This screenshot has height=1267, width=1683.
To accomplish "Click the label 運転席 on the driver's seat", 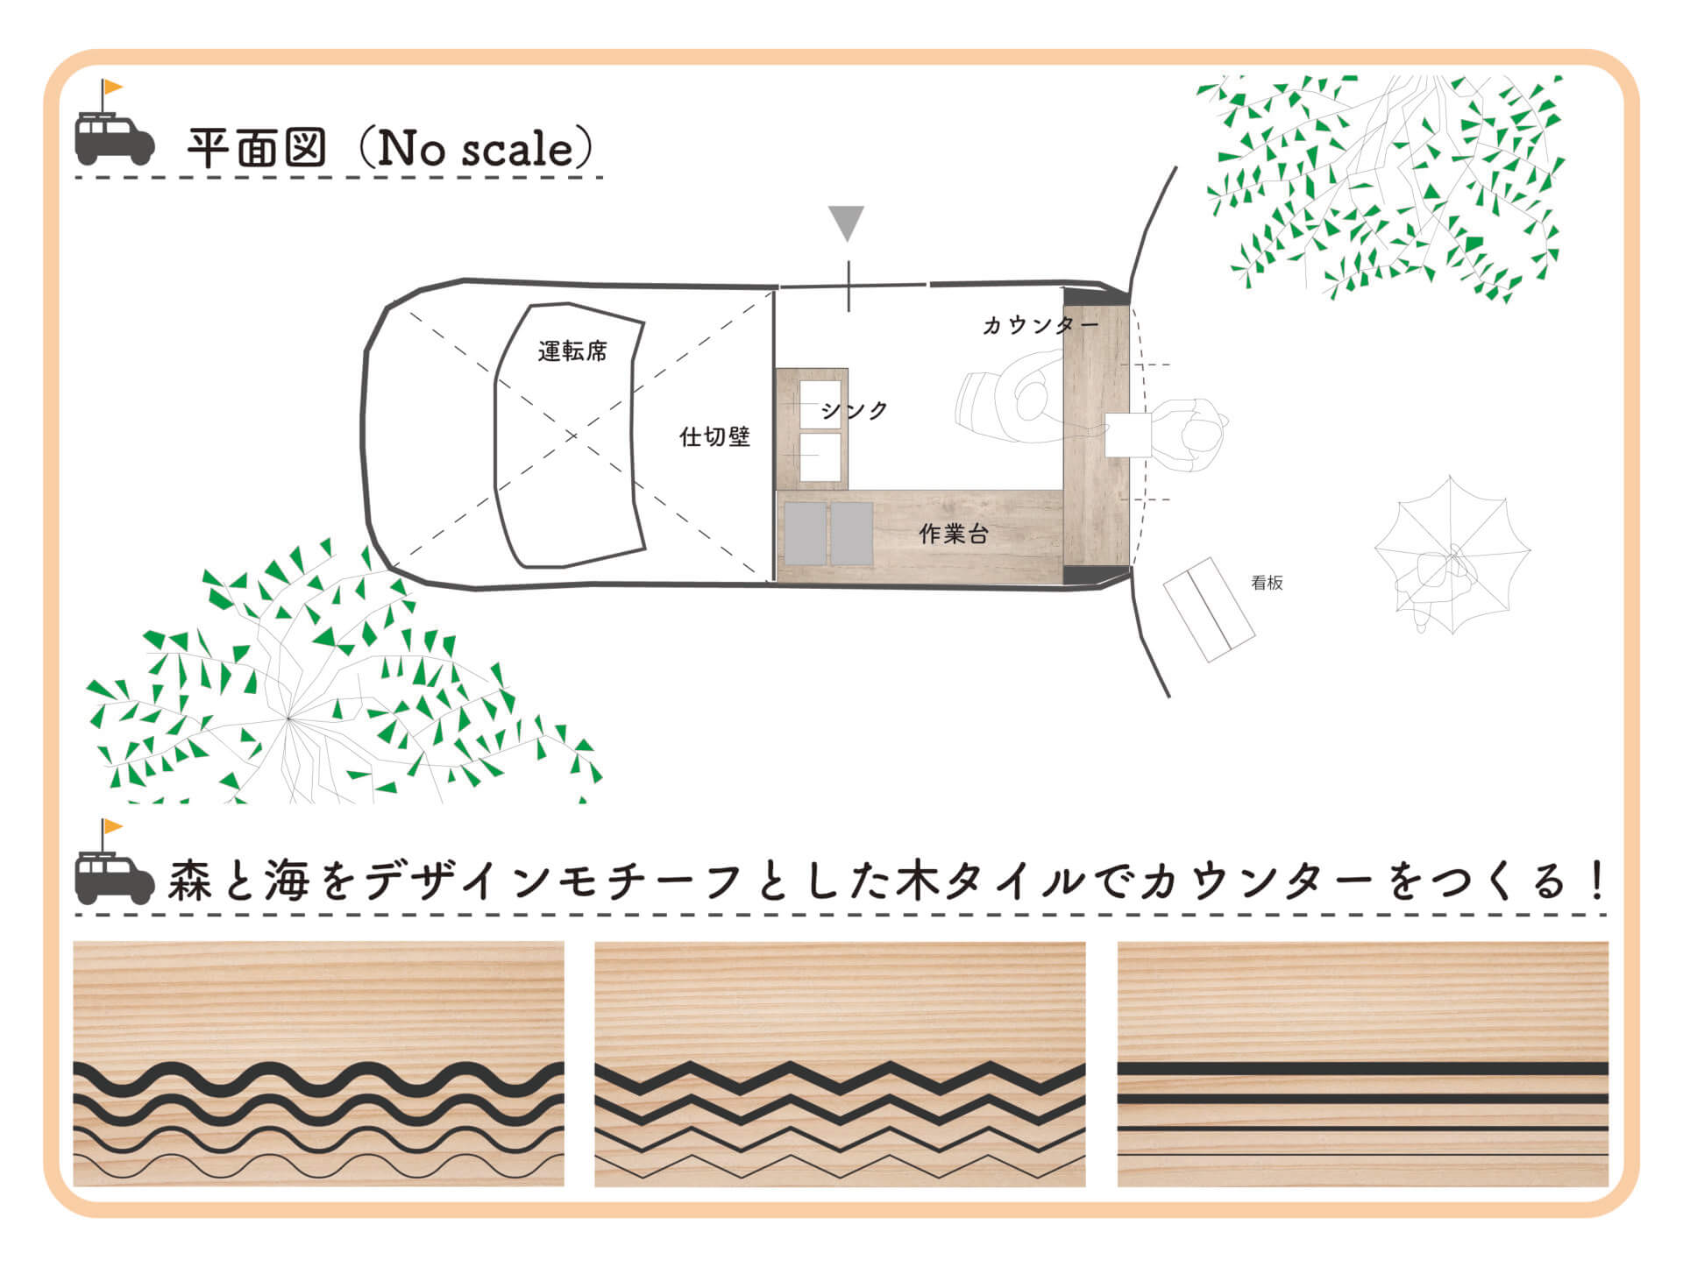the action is (572, 351).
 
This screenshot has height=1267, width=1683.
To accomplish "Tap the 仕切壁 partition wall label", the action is (714, 436).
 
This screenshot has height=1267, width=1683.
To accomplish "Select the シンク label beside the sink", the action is (855, 410).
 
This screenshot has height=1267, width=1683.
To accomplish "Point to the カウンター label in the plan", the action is (1040, 325).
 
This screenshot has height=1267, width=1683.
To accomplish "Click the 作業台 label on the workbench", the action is (954, 534).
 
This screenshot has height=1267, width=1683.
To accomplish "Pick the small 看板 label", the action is (1267, 583).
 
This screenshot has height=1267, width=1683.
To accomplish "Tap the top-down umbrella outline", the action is (1452, 555).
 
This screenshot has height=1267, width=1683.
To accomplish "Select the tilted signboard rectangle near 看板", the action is (1209, 610).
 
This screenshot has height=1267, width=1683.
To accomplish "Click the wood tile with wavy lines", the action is (318, 1064).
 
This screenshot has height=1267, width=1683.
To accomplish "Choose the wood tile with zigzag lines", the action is (840, 1064).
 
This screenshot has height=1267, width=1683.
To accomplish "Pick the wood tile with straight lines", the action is (1363, 1064).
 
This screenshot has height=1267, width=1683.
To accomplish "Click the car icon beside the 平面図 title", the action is (114, 138).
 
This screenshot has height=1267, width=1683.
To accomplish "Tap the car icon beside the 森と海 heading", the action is (114, 878).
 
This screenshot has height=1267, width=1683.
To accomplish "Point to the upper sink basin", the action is (820, 404).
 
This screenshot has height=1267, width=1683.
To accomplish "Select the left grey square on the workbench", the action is (806, 533).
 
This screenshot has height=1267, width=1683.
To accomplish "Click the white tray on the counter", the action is (1127, 435).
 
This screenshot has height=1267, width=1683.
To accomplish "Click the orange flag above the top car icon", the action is (113, 88).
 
